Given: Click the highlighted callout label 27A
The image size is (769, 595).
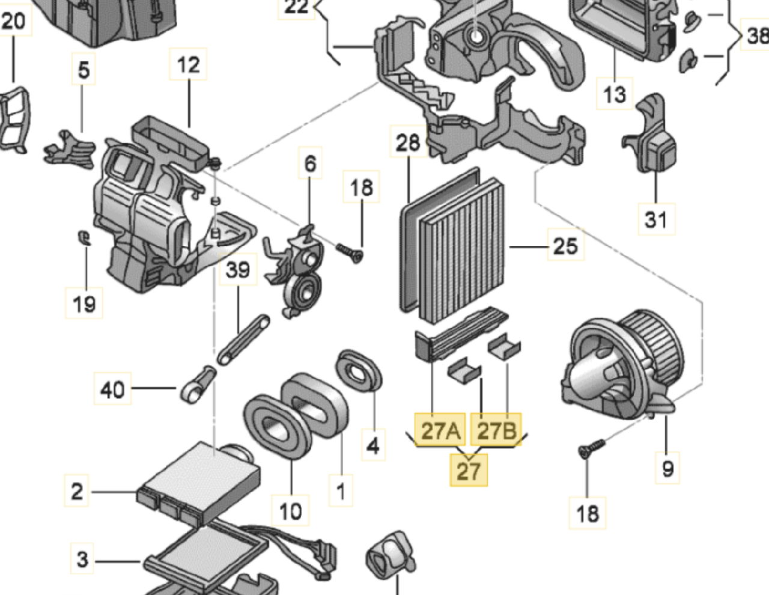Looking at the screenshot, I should (440, 430).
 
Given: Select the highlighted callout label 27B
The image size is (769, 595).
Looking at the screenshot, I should (496, 430).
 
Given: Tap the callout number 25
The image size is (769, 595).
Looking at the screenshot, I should (565, 246).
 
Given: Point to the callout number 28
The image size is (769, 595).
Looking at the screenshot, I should (408, 142).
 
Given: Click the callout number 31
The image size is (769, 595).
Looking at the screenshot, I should (655, 219).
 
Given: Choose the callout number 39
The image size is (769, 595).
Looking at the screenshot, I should (238, 269).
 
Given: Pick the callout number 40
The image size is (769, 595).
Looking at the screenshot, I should (112, 389).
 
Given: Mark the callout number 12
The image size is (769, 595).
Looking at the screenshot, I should (189, 64).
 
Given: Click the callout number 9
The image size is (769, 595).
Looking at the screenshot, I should (667, 468).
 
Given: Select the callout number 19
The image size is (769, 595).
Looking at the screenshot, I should (84, 304).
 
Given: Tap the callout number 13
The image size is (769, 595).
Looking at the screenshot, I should (614, 94).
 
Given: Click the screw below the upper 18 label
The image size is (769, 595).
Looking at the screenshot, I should (350, 252).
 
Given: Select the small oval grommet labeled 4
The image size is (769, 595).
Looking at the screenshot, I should (359, 370).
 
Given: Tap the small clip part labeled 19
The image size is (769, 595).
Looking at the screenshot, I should (85, 237).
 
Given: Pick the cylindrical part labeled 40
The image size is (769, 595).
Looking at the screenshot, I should (197, 385).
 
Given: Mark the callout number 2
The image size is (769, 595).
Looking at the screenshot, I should (77, 491).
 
